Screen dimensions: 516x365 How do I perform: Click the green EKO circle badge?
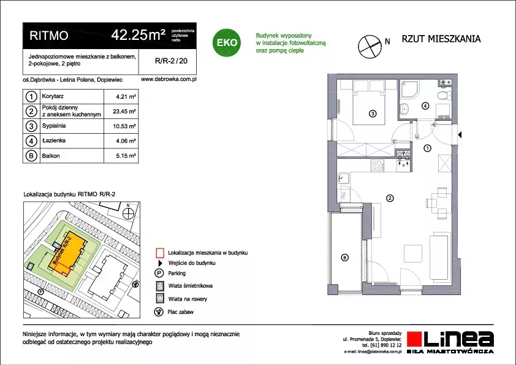[x=226, y=42]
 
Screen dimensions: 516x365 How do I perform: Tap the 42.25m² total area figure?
[x=138, y=34]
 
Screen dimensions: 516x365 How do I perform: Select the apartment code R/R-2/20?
[x=171, y=61]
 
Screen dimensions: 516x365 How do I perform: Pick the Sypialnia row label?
[x=54, y=126]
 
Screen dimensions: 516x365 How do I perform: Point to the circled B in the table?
[x=31, y=155]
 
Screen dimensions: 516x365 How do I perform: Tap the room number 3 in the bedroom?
[x=373, y=113]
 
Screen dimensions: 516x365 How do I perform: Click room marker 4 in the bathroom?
[x=425, y=106]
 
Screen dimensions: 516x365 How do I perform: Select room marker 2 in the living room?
[x=390, y=198]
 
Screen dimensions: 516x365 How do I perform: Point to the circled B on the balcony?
[x=344, y=258]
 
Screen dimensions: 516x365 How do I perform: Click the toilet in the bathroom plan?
[x=444, y=96]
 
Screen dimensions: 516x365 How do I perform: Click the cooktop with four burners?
[x=378, y=165]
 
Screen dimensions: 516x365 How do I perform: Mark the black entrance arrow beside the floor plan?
[x=460, y=135]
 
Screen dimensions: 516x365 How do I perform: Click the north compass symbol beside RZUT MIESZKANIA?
[x=370, y=47]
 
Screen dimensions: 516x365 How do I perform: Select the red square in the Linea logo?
[x=414, y=339]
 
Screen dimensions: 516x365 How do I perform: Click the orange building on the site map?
[x=67, y=253]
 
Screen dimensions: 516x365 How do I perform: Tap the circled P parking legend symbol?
[x=159, y=273]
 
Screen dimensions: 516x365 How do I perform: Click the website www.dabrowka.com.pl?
[x=169, y=79]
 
